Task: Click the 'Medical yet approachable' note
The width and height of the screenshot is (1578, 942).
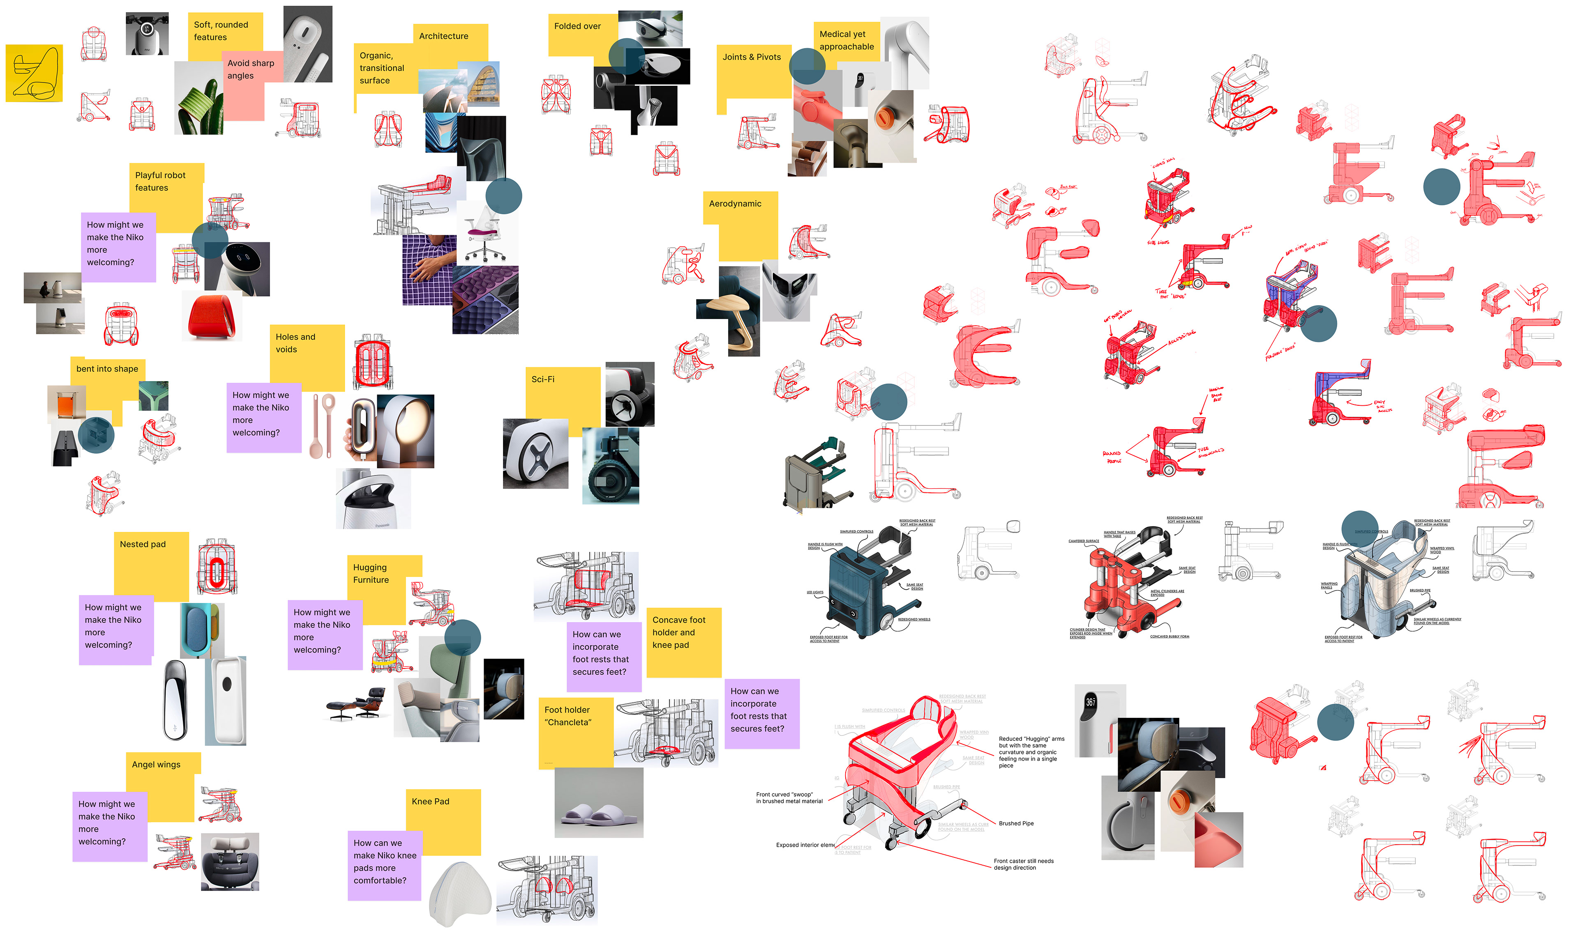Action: tap(846, 41)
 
